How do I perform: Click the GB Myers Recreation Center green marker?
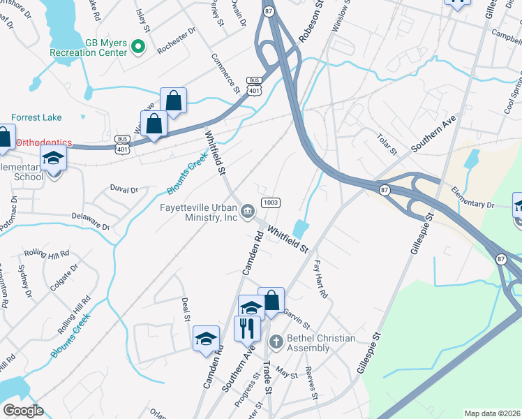coord(138,47)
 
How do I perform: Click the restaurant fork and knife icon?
coord(246,328)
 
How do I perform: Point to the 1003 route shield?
coord(271,203)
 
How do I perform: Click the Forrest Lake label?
coord(36,118)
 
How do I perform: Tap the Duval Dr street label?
coord(125,189)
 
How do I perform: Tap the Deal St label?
coord(186,309)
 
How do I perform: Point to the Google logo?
coord(23,411)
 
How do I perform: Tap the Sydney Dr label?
coord(26,281)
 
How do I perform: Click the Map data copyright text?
coord(492,413)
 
